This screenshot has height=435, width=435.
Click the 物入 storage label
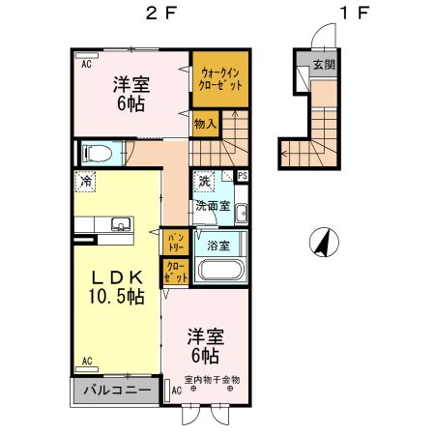(204, 123)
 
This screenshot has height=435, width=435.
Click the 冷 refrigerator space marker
(87, 181)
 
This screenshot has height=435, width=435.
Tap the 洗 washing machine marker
(204, 181)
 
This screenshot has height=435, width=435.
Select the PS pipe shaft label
(242, 176)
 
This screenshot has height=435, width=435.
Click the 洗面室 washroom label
(212, 205)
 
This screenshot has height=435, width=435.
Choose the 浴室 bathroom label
(218, 245)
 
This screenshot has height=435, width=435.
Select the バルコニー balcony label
(114, 391)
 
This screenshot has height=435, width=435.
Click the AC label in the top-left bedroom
(86, 64)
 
